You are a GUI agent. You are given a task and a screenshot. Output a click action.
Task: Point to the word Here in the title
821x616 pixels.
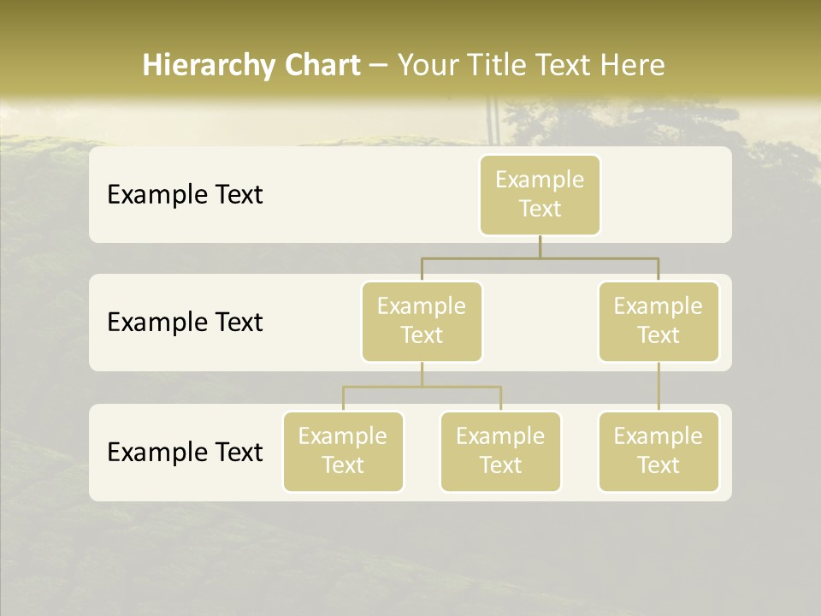[x=632, y=65]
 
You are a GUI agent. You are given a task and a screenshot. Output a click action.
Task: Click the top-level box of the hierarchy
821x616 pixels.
[x=540, y=194]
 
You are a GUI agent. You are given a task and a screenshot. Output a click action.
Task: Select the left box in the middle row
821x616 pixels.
[x=422, y=321]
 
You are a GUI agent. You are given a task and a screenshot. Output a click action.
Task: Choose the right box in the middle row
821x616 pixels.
[x=659, y=321]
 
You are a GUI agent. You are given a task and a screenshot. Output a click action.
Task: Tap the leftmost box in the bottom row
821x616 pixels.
[x=343, y=451]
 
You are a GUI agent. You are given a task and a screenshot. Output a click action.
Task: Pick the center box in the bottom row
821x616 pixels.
[x=500, y=451]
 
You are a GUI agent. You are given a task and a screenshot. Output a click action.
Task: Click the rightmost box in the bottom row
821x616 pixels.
[x=659, y=451]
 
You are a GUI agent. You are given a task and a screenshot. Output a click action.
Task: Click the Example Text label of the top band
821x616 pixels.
[x=185, y=195]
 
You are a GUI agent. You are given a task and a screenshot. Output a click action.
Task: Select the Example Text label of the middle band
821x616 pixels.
[x=185, y=323]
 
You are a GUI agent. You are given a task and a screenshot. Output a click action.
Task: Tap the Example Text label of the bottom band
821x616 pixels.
[x=185, y=452]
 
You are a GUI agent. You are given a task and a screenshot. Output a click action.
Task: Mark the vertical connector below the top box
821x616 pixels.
[x=540, y=246]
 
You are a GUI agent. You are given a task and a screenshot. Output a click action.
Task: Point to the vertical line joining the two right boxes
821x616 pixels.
[x=659, y=387]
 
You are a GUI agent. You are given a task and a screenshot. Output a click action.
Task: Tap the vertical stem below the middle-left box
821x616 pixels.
[x=422, y=374]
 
